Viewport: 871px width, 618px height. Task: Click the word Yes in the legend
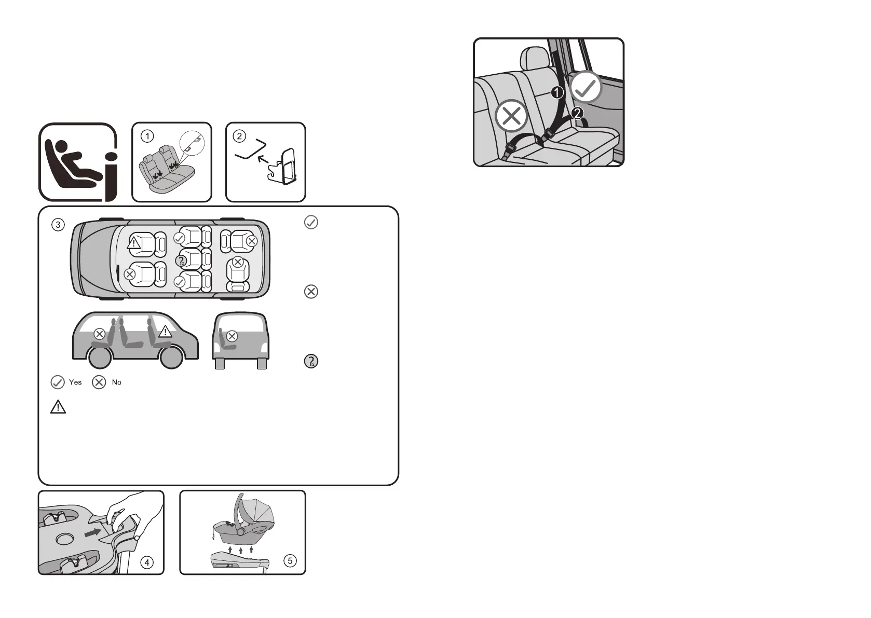click(x=75, y=382)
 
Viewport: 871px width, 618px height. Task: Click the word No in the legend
click(x=116, y=382)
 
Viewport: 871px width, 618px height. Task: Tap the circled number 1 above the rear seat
click(x=148, y=136)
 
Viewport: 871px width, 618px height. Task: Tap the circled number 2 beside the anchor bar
click(x=239, y=136)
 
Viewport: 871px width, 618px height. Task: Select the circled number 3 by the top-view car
click(x=58, y=225)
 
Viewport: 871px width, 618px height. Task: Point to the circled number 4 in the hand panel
click(x=147, y=562)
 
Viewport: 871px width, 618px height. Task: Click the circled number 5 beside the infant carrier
click(x=290, y=560)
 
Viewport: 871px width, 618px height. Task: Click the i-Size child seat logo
click(x=78, y=162)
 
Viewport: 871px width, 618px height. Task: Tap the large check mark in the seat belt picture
click(x=587, y=88)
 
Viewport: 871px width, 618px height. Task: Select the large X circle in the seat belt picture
click(x=511, y=116)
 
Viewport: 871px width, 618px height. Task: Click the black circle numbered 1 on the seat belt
click(x=557, y=93)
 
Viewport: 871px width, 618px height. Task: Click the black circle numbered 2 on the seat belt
click(x=578, y=113)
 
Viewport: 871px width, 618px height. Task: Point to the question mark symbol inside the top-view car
click(x=181, y=260)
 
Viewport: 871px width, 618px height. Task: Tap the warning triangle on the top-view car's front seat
click(x=134, y=243)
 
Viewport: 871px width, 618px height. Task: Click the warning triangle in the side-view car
click(x=165, y=331)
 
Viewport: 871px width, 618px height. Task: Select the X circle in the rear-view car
click(x=232, y=336)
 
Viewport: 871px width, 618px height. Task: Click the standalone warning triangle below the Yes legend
click(x=58, y=407)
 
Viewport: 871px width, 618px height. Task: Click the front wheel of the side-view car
click(x=171, y=357)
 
